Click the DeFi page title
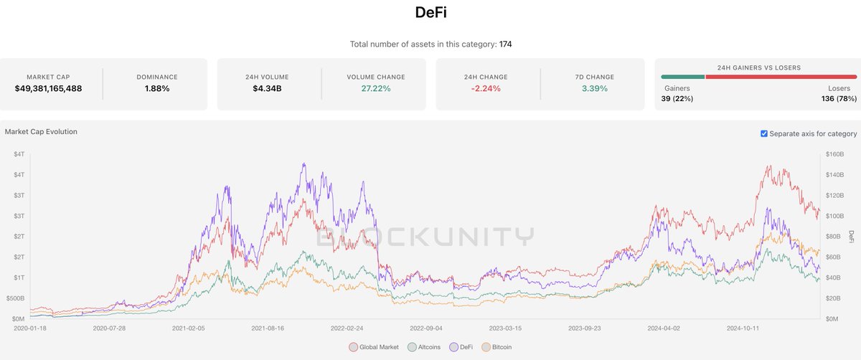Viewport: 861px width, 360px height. coord(430,12)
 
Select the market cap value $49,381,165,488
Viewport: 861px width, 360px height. coord(49,88)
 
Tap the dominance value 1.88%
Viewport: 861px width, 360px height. coord(156,88)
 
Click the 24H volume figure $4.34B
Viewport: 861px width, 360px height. coord(267,88)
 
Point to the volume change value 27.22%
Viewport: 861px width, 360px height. coord(376,88)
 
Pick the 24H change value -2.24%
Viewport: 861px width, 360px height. coord(486,88)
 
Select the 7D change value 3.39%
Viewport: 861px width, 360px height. coord(594,88)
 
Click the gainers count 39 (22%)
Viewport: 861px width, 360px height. coord(677,98)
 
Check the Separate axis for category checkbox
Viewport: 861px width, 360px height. coord(764,133)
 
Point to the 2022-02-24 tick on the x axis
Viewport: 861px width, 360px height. coord(347,327)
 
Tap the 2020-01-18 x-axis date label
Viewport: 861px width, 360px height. coord(31,327)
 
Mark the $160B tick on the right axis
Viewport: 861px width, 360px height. coord(834,154)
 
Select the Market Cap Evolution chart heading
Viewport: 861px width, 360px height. coord(41,132)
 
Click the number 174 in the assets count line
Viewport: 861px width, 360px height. coord(505,44)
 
